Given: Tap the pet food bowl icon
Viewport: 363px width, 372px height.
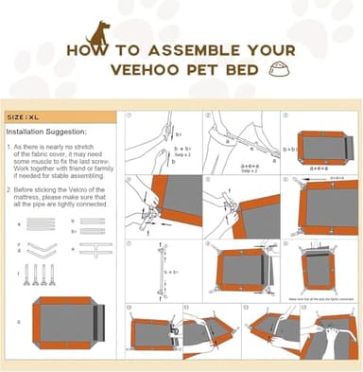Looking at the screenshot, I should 278,68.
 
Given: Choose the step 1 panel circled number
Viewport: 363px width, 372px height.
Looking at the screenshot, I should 130,117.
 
